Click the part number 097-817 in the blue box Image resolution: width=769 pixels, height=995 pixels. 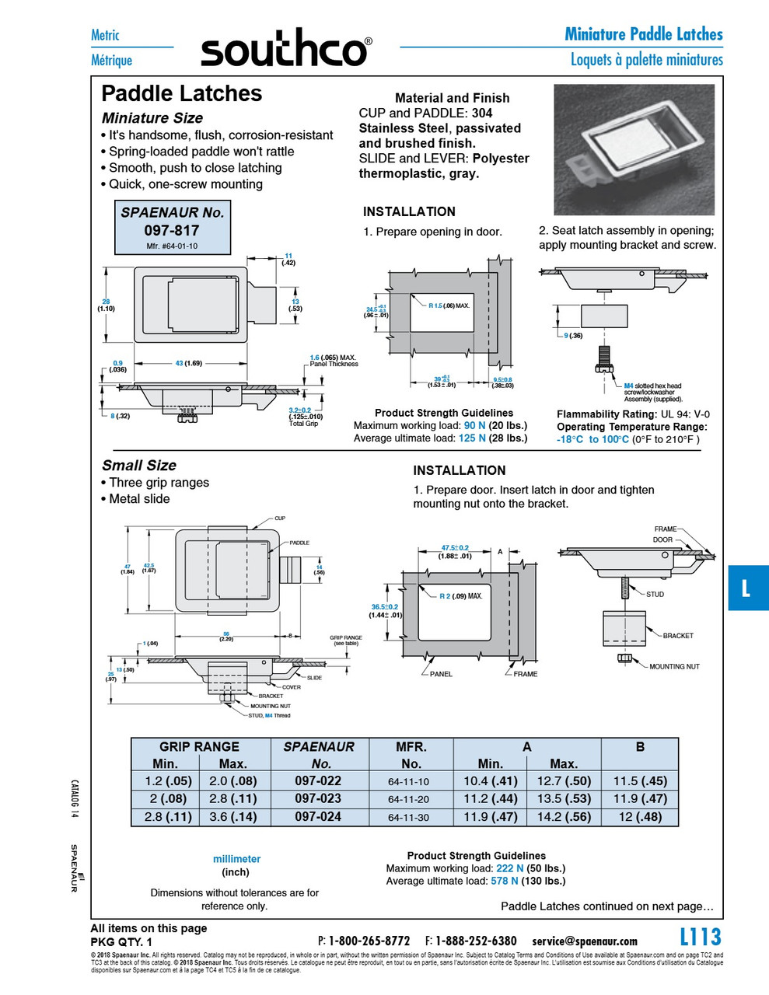click(171, 230)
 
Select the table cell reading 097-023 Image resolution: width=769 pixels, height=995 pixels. click(318, 798)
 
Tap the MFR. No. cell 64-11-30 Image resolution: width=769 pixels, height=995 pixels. click(408, 818)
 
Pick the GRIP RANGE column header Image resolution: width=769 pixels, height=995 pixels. click(200, 746)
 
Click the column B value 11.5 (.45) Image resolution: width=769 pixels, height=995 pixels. click(639, 780)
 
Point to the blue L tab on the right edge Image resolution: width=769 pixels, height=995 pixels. click(746, 588)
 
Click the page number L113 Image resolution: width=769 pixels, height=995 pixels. click(700, 937)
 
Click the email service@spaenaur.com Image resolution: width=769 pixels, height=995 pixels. click(584, 941)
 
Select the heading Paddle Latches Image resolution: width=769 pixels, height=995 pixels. click(182, 94)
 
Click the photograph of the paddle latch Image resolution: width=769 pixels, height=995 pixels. click(633, 149)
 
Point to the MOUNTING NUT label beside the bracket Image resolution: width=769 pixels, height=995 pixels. click(674, 666)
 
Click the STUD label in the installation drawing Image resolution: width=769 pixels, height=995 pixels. click(655, 594)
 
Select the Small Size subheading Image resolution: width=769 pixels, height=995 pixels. click(139, 465)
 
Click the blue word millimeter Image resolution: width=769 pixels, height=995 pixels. click(236, 859)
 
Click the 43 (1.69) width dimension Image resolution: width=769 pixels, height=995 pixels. click(188, 363)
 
